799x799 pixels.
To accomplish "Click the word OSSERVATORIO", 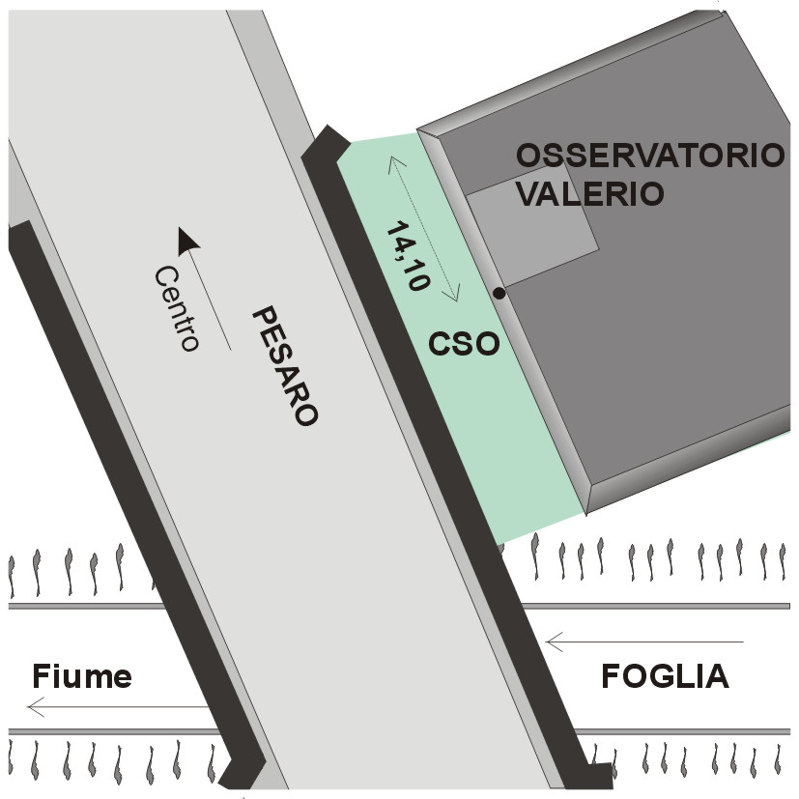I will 648,156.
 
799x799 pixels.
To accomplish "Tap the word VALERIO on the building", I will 589,192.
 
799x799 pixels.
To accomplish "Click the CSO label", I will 465,343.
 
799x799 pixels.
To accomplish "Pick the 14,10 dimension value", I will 407,257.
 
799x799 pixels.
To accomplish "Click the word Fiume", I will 81,676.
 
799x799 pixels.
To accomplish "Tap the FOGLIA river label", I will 665,676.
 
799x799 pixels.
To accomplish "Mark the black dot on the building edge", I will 499,293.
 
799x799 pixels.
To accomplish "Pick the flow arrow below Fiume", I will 116,708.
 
